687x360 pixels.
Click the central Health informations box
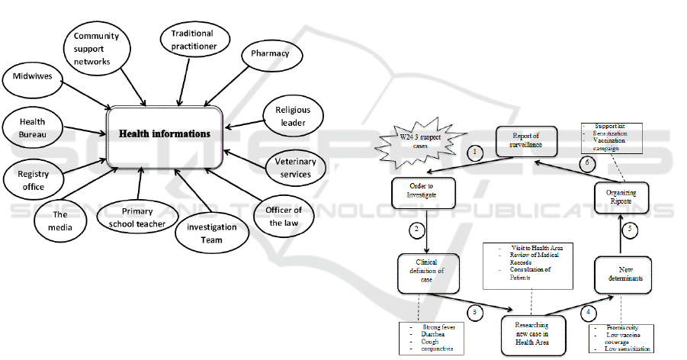point(164,133)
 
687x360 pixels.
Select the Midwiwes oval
point(32,76)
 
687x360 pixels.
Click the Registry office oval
point(32,181)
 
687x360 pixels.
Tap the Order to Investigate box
point(413,192)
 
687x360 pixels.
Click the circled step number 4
point(586,312)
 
